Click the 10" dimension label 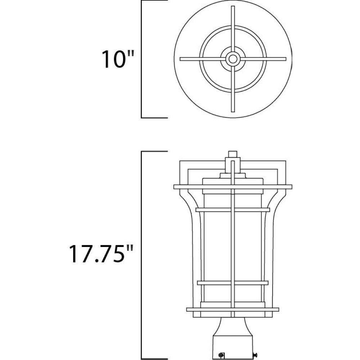pos(118,59)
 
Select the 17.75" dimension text pos(101,254)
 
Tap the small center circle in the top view pos(233,59)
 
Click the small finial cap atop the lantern pos(233,154)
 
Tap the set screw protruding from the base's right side pos(255,355)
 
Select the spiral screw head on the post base pos(222,354)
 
